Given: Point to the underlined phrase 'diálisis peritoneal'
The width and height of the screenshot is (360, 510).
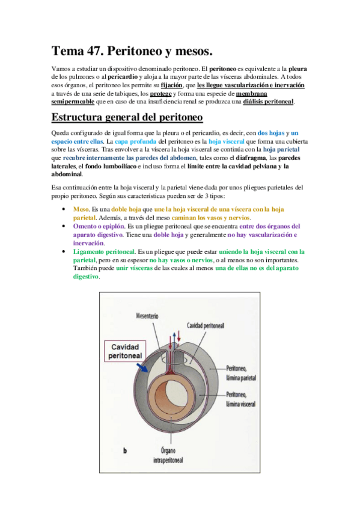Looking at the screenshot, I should (269, 102).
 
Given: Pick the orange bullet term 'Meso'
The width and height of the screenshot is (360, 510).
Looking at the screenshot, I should (81, 209).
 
